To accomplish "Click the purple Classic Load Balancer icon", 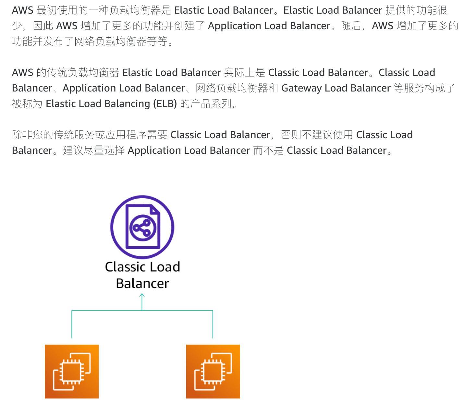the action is pos(142,227).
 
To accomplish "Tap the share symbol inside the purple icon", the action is pos(143,227).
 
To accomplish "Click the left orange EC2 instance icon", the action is pos(72,371).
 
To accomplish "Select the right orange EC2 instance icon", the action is pos(213,371).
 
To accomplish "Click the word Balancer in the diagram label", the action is pos(142,284).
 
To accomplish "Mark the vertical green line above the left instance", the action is pos(72,324).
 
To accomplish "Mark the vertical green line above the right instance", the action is pos(213,324).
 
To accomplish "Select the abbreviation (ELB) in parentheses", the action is pos(165,104).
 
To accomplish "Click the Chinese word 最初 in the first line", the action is pos(47,10).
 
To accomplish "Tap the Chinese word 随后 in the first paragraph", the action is pos(351,26).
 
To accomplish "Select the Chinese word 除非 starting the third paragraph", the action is pos(22,135).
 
